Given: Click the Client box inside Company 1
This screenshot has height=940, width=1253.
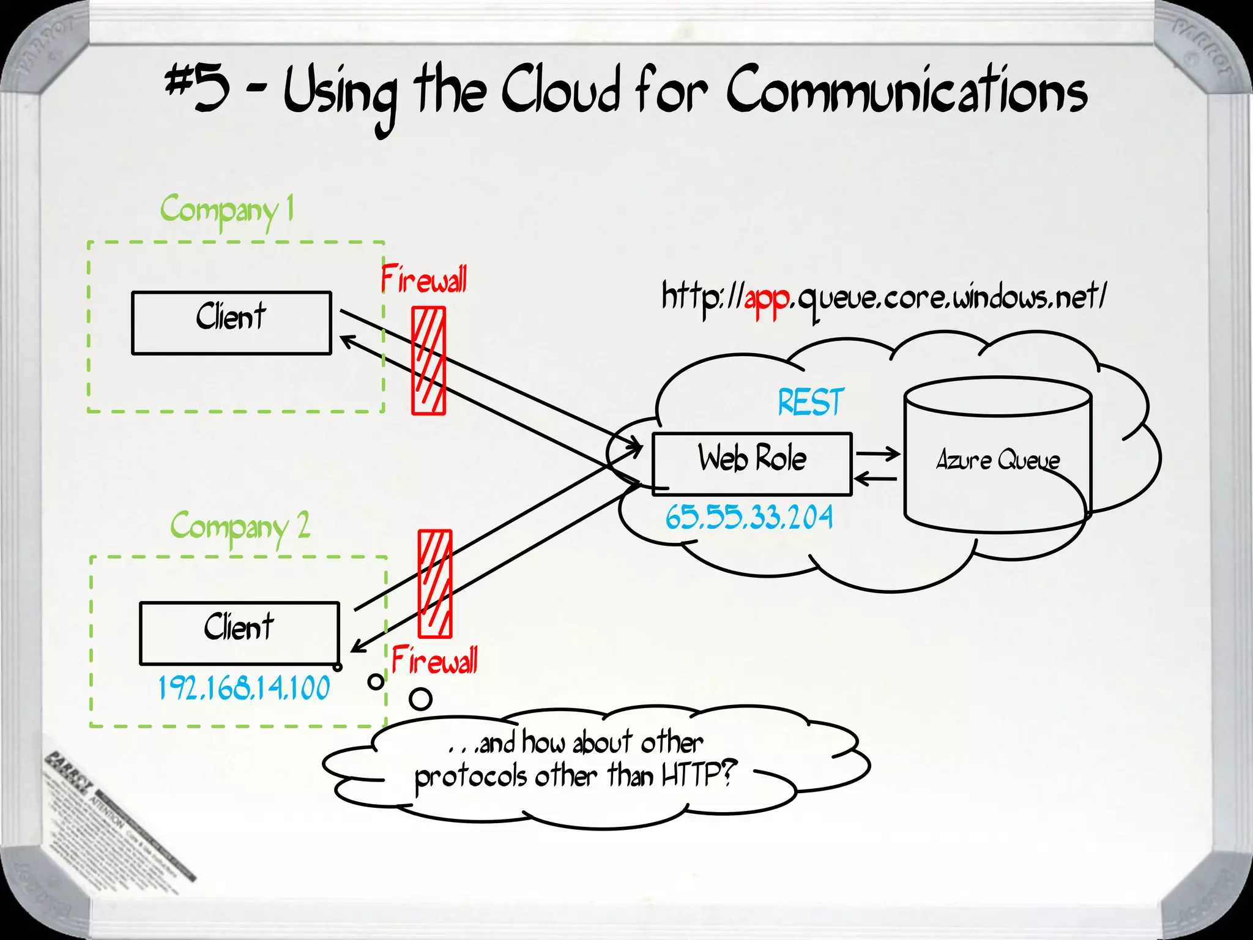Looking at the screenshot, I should [231, 323].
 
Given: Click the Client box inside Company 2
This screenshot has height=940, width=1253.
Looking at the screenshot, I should [239, 633].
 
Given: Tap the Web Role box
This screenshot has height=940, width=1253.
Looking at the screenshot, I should [752, 464].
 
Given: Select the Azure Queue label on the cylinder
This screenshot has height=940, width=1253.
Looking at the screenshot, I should [998, 460].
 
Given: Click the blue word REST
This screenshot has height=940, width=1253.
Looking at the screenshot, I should [811, 403].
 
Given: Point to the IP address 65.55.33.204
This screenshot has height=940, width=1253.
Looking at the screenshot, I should [749, 518].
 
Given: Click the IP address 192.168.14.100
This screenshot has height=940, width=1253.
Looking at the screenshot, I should [244, 688].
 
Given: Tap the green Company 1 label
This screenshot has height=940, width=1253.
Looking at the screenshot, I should [227, 210].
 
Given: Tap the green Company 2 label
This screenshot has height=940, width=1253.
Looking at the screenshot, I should [240, 527].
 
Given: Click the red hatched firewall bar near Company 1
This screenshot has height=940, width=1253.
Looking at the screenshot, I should [428, 361].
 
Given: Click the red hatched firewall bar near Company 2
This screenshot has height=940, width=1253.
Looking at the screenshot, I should [435, 584].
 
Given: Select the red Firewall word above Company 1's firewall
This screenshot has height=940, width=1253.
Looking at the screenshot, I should [423, 280].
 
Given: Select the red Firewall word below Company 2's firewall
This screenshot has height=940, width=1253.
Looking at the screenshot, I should [434, 661].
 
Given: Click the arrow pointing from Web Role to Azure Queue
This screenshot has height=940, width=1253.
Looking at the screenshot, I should [878, 454].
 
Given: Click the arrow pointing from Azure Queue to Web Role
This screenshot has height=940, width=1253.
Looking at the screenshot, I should [876, 479].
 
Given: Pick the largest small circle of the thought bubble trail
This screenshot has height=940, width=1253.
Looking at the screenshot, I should [420, 699].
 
